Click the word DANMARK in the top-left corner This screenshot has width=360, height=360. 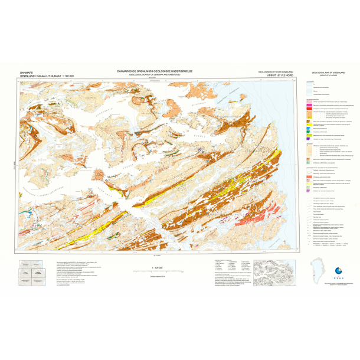(27, 71)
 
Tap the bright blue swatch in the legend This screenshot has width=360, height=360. (308, 125)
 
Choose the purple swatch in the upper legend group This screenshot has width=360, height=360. (308, 138)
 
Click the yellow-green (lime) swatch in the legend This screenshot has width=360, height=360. (308, 133)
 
